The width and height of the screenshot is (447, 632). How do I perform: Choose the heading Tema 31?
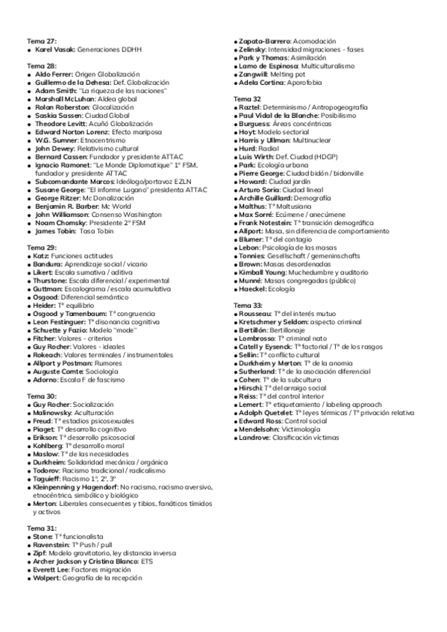click(42, 528)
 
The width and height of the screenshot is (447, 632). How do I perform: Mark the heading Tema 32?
click(247, 98)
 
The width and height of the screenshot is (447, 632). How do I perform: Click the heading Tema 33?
click(247, 305)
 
